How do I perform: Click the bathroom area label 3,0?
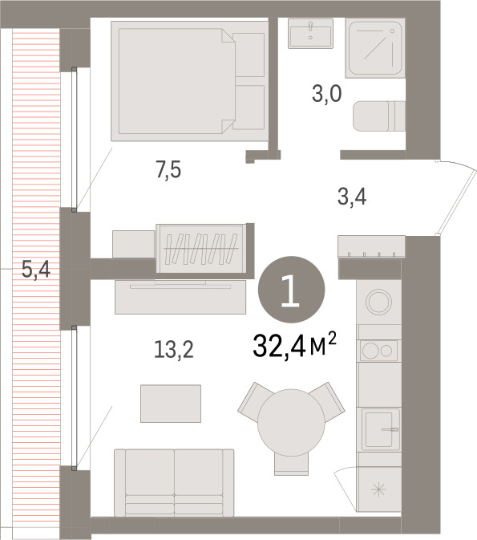click(326, 94)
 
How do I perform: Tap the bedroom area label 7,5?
click(168, 170)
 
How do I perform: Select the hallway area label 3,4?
click(352, 197)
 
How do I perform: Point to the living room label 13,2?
click(173, 350)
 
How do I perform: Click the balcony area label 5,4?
click(36, 270)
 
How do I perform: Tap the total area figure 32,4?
click(279, 347)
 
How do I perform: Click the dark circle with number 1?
click(291, 290)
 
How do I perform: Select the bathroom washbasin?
click(310, 34)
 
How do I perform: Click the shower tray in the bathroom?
click(375, 48)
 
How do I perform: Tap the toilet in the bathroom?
click(379, 116)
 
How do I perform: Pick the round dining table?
click(291, 422)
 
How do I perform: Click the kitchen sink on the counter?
click(378, 429)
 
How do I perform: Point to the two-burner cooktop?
click(378, 351)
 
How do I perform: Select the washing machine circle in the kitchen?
click(378, 302)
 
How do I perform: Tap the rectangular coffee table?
click(171, 404)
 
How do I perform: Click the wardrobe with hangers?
click(201, 248)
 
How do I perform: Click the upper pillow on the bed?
click(249, 55)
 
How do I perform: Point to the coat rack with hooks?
click(371, 246)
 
